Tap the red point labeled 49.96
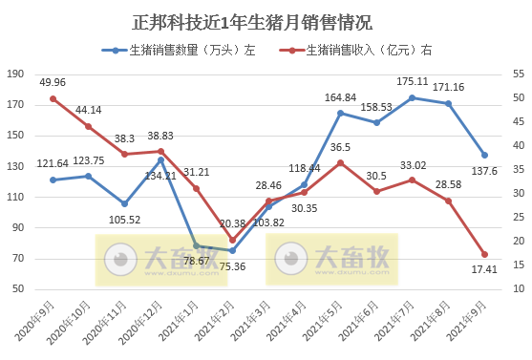coord(53,98)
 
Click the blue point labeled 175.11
coord(412,97)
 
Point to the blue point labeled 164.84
coord(340,113)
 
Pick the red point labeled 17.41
coord(484,254)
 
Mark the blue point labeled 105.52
coord(124,203)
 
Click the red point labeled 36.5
coord(340,162)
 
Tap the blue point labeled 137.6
coord(484,155)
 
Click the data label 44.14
coord(89,110)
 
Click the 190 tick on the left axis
coord(14,74)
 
